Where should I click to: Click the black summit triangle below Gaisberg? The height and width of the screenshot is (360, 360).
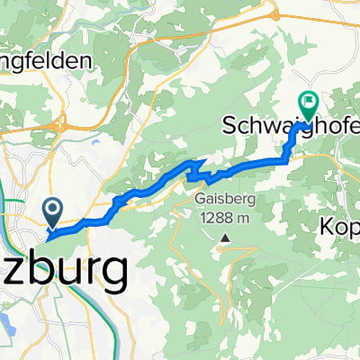tap(223, 238)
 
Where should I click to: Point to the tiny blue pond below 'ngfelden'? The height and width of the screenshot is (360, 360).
tap(94, 139)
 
